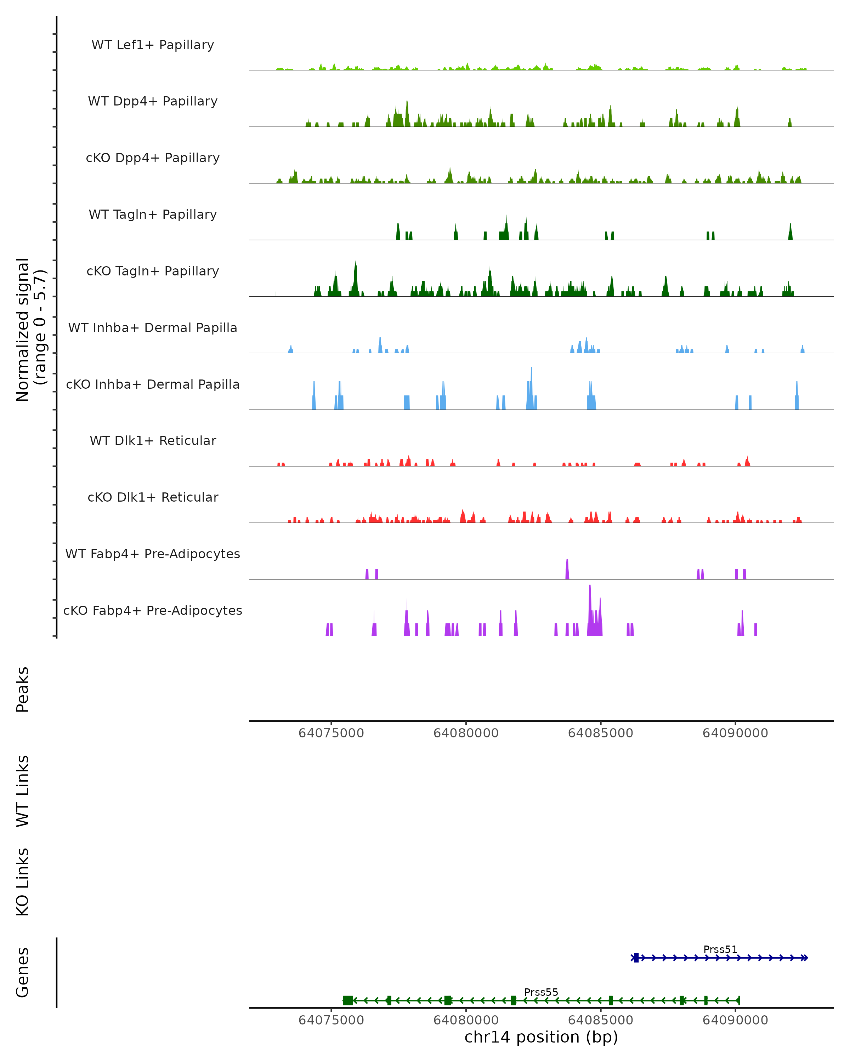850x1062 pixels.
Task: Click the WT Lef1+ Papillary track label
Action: click(153, 45)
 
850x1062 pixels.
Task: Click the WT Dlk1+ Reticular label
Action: click(153, 440)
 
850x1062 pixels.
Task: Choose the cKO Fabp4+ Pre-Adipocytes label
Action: click(153, 610)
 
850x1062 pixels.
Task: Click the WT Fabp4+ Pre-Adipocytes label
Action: click(153, 554)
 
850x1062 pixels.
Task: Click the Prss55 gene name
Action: click(541, 992)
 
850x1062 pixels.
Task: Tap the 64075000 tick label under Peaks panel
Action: click(331, 733)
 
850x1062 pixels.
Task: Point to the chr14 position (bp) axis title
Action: click(541, 1037)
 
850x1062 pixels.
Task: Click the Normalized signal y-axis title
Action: click(30, 330)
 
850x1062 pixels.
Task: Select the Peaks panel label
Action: click(23, 690)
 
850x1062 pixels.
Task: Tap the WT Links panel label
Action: click(23, 791)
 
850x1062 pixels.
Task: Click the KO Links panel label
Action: click(23, 882)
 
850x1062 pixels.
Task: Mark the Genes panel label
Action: click(23, 972)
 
